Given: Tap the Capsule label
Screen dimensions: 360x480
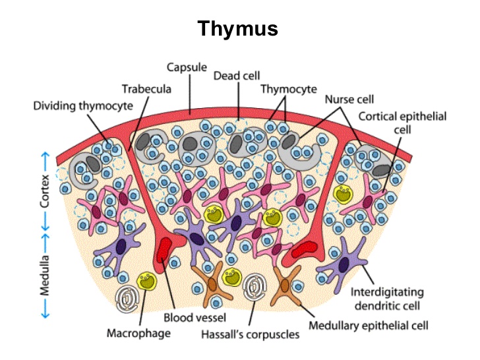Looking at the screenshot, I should pyautogui.click(x=187, y=67).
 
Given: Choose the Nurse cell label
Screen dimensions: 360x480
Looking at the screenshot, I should pyautogui.click(x=349, y=100).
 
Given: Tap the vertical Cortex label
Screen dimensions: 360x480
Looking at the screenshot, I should pyautogui.click(x=45, y=191).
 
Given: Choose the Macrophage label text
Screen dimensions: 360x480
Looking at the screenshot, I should pyautogui.click(x=138, y=333).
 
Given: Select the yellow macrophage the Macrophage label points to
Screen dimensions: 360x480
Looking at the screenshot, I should pyautogui.click(x=147, y=282).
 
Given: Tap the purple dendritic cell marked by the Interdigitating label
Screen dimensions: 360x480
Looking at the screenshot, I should pyautogui.click(x=345, y=264).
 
